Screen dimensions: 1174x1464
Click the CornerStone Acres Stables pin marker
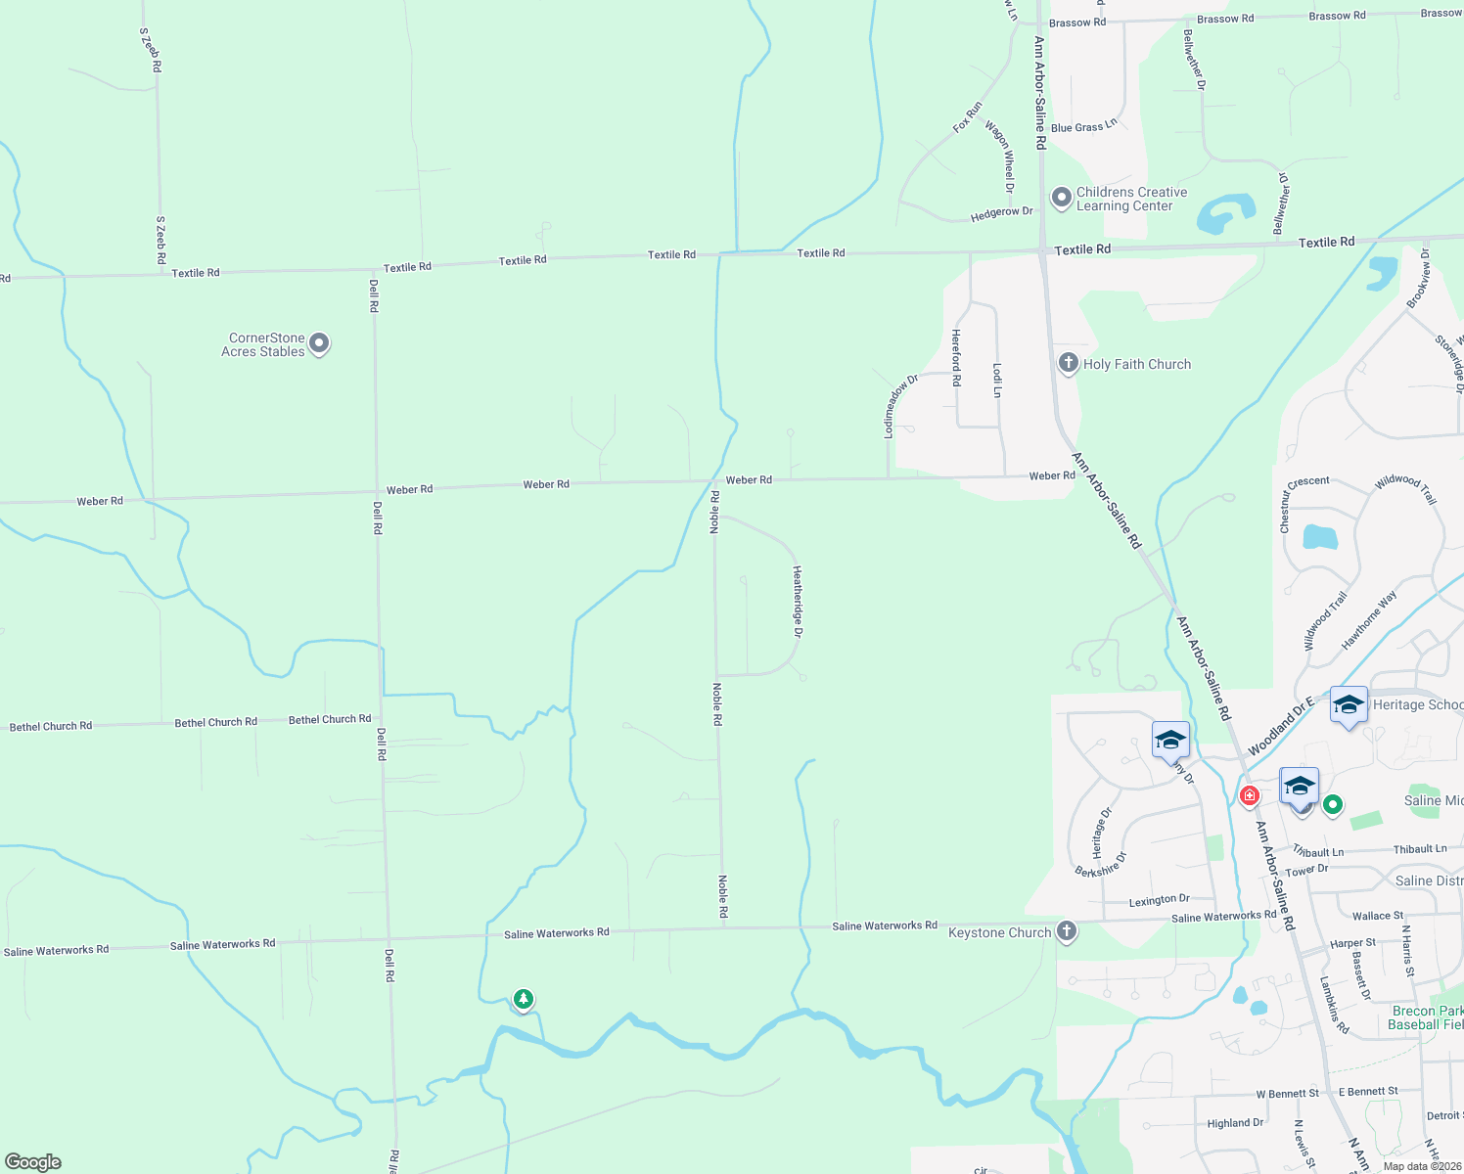(x=319, y=343)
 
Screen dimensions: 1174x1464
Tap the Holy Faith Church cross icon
(x=1068, y=363)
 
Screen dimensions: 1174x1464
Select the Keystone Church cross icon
(x=1067, y=930)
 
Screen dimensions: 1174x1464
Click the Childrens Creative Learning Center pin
(x=1061, y=198)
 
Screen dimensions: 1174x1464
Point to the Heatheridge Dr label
(x=798, y=603)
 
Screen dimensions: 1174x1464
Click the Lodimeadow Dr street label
(x=900, y=405)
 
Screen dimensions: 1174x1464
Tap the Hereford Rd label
(x=956, y=357)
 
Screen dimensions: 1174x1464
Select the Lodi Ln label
(x=997, y=380)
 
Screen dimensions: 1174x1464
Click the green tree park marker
(x=524, y=999)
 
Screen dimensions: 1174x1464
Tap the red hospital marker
(x=1249, y=795)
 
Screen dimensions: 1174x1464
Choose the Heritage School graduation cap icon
(x=1349, y=704)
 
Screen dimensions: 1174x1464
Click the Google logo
(x=33, y=1162)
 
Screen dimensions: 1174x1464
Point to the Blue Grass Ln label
(x=1083, y=127)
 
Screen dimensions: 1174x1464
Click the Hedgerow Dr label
(x=1001, y=212)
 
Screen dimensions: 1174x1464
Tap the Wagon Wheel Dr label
(x=1002, y=157)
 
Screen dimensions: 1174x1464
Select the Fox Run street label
(x=967, y=117)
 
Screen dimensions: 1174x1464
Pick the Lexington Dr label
(x=1159, y=899)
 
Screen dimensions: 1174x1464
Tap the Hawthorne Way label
(x=1369, y=620)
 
